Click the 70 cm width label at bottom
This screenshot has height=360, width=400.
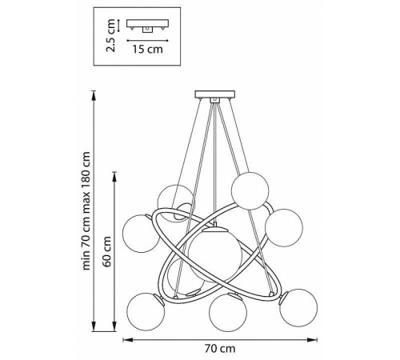[220, 349]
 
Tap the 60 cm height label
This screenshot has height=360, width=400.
[107, 251]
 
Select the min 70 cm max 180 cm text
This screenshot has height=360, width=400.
[86, 211]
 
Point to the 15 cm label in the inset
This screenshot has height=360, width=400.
[147, 50]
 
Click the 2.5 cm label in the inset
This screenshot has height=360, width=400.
[110, 35]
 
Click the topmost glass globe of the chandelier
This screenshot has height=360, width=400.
[250, 190]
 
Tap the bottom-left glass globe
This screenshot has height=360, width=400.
[146, 312]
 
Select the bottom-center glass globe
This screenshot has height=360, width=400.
[228, 313]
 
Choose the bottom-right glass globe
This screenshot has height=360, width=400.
[298, 307]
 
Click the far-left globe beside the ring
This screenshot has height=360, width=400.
[141, 234]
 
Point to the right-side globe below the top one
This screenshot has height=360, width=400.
[284, 228]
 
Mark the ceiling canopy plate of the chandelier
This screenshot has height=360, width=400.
[215, 94]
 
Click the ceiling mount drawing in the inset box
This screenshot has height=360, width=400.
[147, 26]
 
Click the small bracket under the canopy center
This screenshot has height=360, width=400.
[214, 100]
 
